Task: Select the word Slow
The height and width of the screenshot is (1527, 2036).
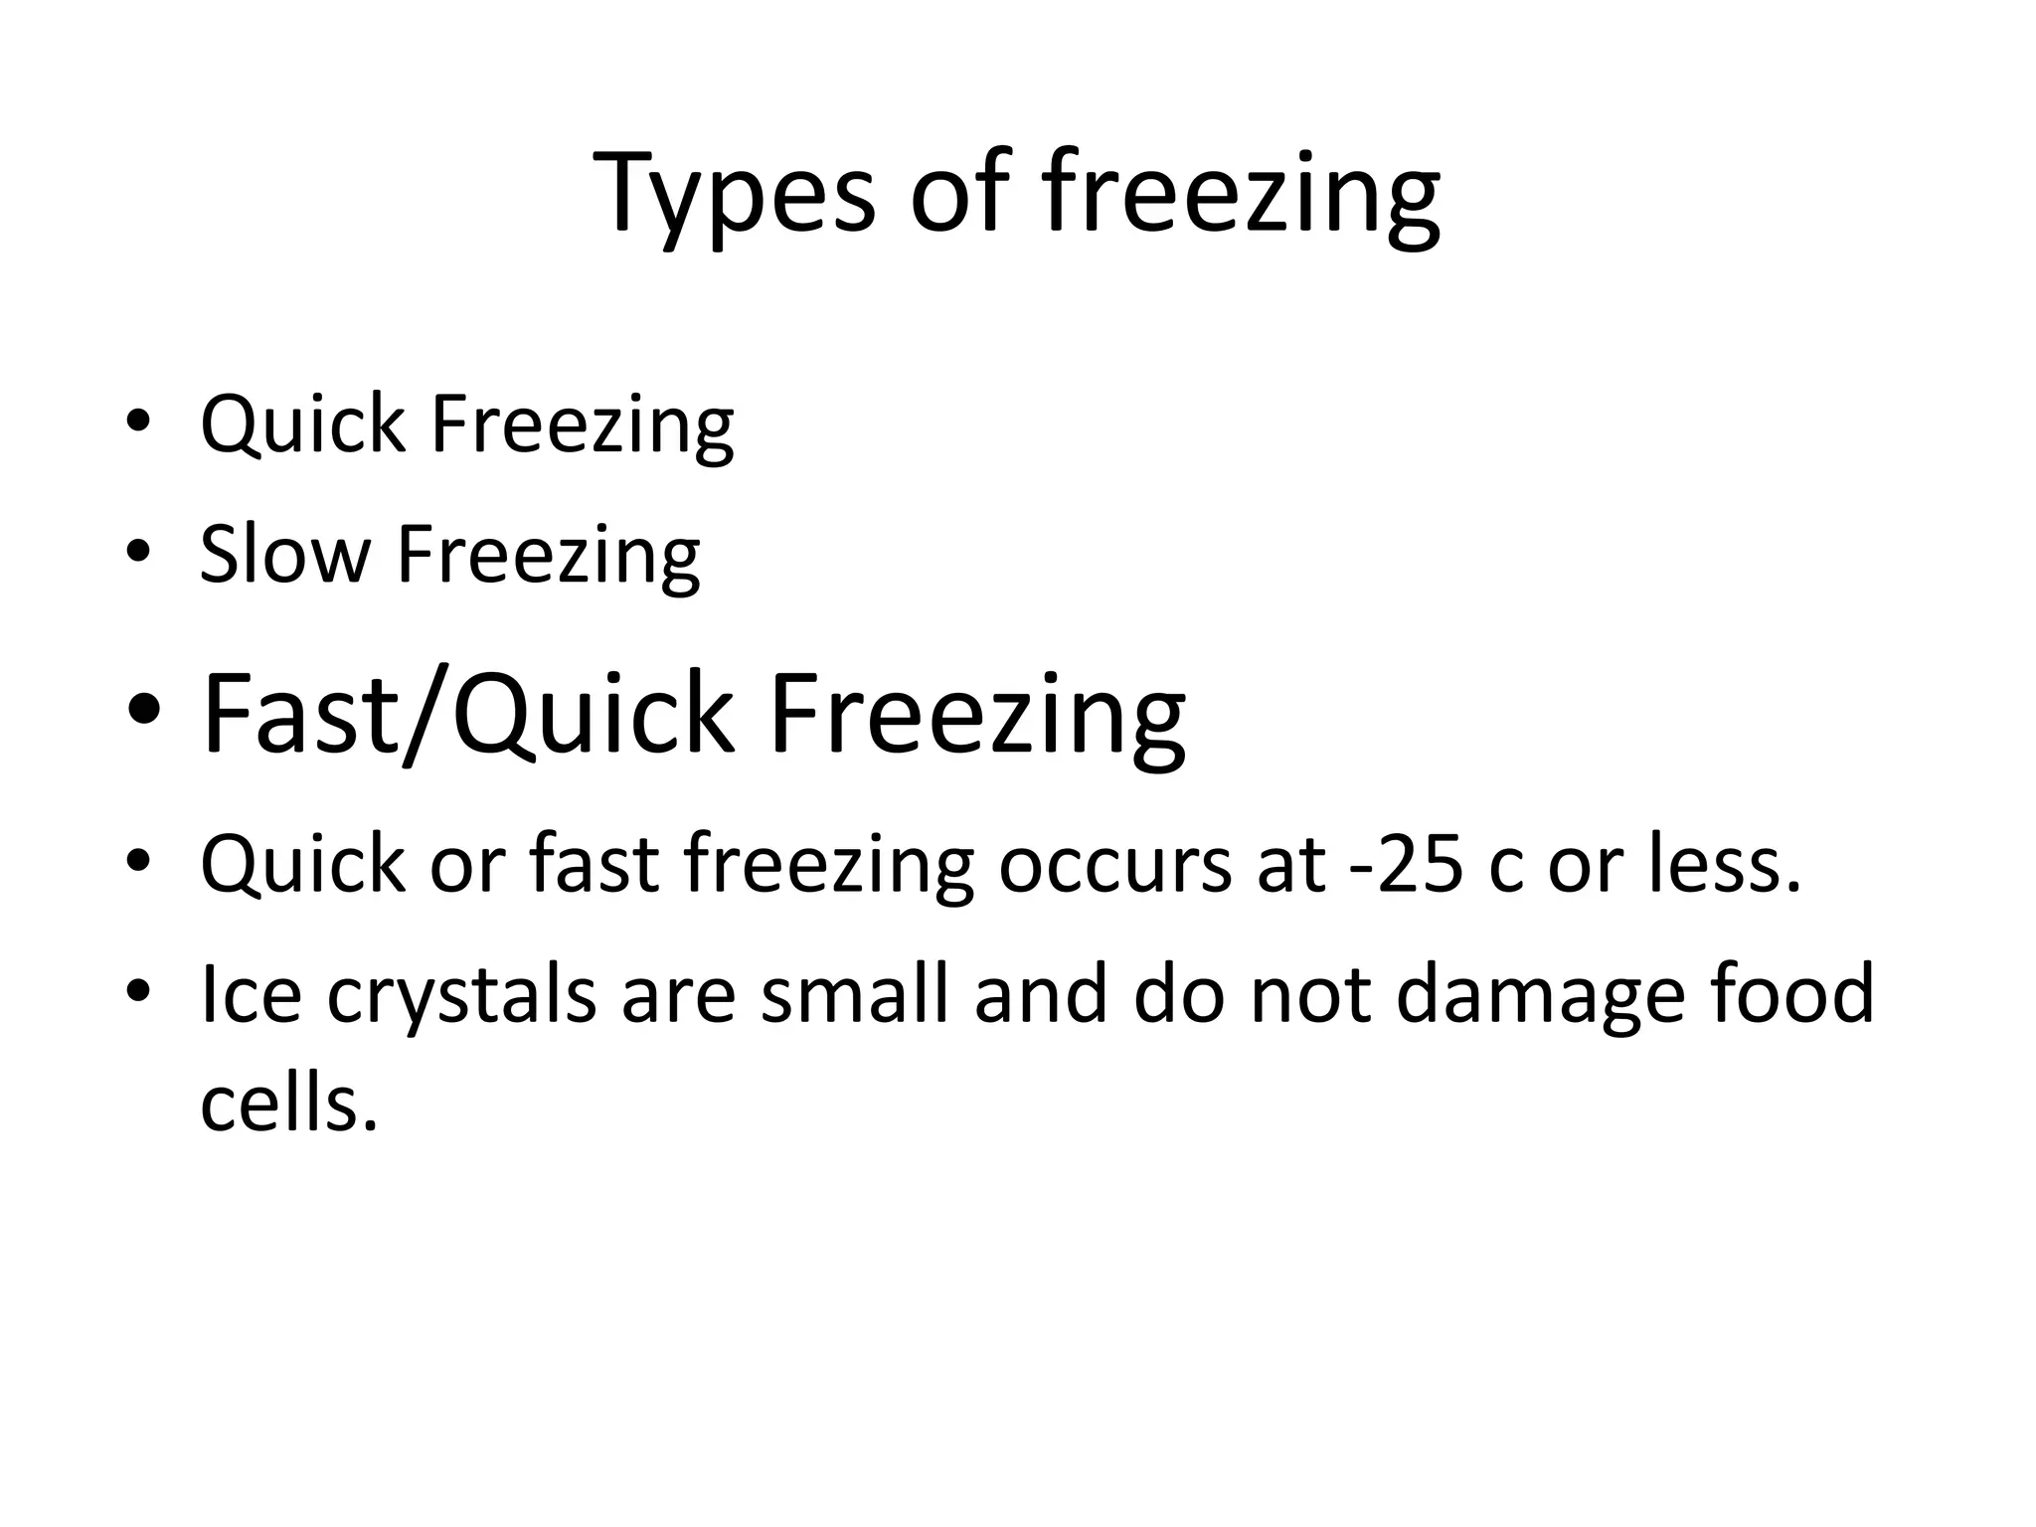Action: coord(284,554)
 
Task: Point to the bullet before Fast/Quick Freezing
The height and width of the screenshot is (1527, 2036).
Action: coord(143,711)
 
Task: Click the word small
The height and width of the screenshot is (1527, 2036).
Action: coord(855,993)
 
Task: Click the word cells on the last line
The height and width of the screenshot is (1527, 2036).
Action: coord(288,1103)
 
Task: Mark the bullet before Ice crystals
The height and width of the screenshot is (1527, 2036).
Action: coord(138,990)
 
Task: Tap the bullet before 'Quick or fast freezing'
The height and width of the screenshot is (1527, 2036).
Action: coord(138,859)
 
